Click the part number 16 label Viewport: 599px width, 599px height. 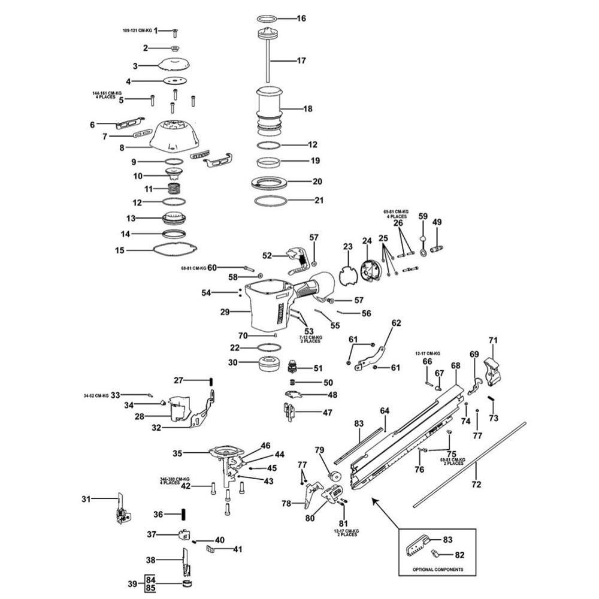tap(301, 19)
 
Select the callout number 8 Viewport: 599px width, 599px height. tap(122, 147)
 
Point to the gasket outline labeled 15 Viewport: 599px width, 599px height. tap(174, 250)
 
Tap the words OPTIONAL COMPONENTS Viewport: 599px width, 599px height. tap(437, 568)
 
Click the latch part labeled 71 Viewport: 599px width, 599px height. tap(492, 370)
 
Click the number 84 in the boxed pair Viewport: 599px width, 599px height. tap(150, 580)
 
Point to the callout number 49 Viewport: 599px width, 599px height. tap(437, 222)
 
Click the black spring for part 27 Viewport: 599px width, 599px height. tap(211, 380)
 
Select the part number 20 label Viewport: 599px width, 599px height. tap(317, 180)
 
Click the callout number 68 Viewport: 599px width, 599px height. tap(456, 365)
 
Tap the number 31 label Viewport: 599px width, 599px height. tap(87, 498)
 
